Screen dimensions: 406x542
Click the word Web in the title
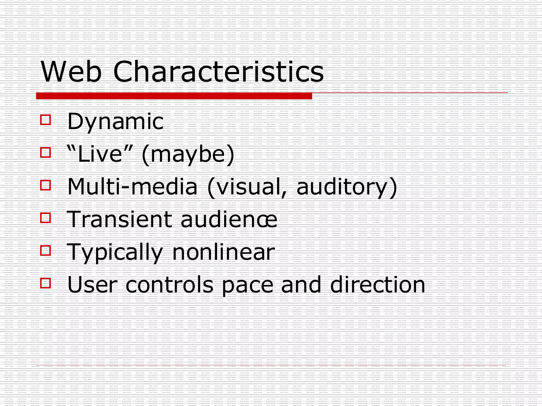click(71, 72)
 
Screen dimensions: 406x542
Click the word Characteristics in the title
click(218, 72)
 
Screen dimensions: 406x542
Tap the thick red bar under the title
click(174, 96)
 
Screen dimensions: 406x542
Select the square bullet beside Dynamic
click(46, 120)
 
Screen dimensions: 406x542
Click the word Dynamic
click(115, 122)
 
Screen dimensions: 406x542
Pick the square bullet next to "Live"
click(46, 153)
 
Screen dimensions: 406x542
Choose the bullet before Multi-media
click(46, 185)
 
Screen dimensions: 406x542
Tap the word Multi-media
click(132, 187)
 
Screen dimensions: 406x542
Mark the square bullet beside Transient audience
click(46, 218)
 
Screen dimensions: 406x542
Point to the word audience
click(229, 219)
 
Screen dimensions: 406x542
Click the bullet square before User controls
click(46, 283)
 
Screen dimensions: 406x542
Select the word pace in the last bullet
click(247, 286)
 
